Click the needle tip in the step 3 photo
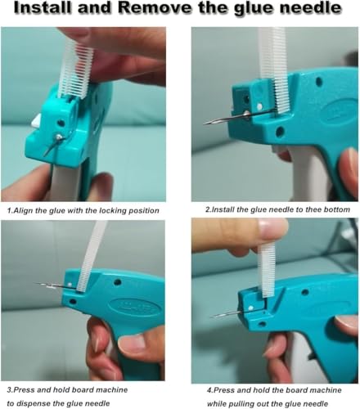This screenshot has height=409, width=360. (x=39, y=284)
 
